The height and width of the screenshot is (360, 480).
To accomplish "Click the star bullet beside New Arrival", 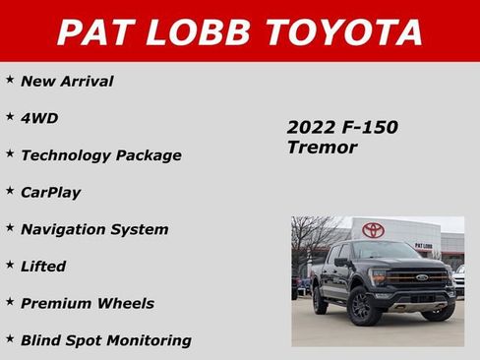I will click(x=10, y=79).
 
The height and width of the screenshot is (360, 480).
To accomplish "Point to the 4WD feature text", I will click(x=39, y=118).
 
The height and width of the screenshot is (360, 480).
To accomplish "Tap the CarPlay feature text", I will click(x=50, y=192).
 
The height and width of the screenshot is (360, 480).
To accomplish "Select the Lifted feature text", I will click(x=43, y=266).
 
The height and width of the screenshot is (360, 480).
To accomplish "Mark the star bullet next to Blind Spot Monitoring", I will click(x=10, y=337).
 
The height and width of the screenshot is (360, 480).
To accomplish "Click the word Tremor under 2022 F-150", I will click(x=322, y=148).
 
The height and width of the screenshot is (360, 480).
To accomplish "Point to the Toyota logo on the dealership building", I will click(x=373, y=230).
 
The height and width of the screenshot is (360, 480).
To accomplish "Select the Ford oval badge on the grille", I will click(x=421, y=277).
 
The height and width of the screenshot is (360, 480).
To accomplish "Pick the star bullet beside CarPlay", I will click(x=10, y=190).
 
